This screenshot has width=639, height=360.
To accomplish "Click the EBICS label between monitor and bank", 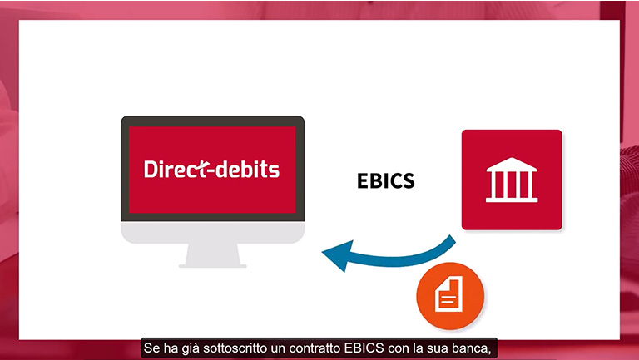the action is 385,180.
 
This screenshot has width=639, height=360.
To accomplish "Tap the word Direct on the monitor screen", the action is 176,169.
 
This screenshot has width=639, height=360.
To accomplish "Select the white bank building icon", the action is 512,180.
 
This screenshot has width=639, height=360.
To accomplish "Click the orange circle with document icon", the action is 450,296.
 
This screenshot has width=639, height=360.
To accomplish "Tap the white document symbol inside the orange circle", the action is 448,294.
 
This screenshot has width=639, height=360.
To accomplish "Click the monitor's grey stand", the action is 213,255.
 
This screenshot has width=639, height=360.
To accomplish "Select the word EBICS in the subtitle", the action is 364,348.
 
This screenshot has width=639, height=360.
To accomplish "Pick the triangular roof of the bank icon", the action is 512,164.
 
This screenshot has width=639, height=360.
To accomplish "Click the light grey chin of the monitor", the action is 213,233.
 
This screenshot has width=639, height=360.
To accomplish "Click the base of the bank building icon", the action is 512,200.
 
